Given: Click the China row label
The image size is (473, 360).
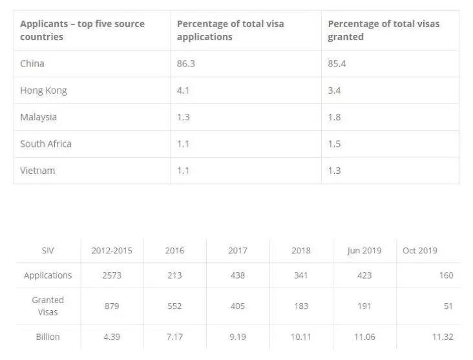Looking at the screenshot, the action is point(32,64).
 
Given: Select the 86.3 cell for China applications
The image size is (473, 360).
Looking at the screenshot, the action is point(186,64).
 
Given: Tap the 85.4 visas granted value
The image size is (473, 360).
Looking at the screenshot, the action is point(337,64).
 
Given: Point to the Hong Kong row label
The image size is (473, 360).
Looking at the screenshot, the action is point(43,90).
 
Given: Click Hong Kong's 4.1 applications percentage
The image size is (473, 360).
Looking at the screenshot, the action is point(183,90).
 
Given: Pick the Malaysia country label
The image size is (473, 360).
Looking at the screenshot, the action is point(38,118).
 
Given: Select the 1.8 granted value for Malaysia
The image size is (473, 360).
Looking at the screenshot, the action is point(334,117).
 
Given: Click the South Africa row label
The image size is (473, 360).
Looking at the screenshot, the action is point(46,144).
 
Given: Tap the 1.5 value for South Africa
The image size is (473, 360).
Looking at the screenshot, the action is point(334,144).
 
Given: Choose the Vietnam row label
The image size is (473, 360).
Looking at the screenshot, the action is point(37,171).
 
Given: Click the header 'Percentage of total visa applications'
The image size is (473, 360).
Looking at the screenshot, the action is point(231,30).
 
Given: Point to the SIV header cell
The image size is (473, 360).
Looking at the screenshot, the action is point(48,251).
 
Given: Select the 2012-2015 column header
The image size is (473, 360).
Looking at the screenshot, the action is point(112,251).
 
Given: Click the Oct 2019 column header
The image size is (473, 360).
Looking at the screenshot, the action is point(420,251).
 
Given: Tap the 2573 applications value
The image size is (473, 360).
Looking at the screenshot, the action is point(112,275).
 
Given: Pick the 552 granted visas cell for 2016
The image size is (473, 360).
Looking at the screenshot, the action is point(174,306).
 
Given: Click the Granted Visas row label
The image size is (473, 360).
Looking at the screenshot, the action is point(48,306).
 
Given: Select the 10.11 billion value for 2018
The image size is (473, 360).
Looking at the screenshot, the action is point(300,337).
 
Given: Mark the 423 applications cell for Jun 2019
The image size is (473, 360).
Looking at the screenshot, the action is point(364,275).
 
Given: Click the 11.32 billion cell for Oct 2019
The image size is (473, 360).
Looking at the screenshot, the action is point(443,337).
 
